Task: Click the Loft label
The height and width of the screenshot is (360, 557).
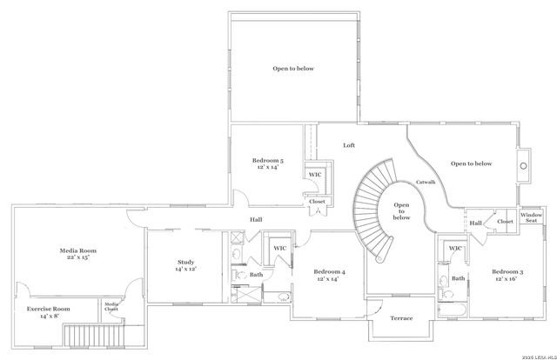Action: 349,145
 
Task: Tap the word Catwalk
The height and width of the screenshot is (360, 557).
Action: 426,182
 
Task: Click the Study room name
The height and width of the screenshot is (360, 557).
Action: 185,262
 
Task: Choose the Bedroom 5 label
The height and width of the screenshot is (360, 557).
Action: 268,160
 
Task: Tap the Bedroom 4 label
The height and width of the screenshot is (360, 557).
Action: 330,273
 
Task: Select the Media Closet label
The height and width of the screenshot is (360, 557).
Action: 111,306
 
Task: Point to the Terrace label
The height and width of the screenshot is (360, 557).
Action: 400,318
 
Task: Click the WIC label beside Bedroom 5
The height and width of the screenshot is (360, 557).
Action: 314,174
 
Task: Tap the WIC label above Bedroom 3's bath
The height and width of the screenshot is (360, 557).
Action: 455,249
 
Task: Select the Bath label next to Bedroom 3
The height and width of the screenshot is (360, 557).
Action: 458,278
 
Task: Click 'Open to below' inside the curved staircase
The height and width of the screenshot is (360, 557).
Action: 401,211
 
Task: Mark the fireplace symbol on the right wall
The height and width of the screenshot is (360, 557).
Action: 524,163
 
